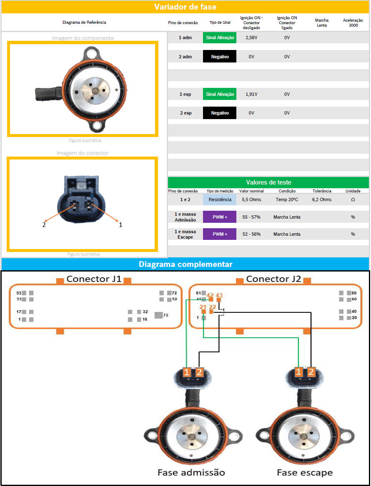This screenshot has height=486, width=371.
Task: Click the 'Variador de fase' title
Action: tap(185, 7)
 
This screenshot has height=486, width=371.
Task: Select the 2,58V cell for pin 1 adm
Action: tap(251, 38)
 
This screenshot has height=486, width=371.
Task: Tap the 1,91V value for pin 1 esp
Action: tap(251, 94)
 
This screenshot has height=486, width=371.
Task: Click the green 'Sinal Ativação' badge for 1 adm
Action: tap(220, 38)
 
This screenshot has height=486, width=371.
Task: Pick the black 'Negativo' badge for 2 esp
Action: tap(220, 113)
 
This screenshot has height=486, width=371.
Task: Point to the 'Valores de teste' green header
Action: tap(268, 182)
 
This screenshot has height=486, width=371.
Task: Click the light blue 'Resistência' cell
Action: tap(220, 199)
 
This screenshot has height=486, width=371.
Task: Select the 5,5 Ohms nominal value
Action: tap(251, 199)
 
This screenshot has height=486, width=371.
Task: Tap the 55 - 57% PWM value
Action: tap(251, 217)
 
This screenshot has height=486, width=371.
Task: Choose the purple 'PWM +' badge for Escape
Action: tap(220, 234)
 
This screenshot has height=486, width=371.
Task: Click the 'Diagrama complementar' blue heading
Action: tap(185, 264)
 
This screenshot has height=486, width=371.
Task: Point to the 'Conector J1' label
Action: tap(94, 279)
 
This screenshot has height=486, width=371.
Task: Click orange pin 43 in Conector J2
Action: tap(219, 300)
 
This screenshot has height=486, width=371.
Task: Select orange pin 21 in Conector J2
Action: tap(203, 312)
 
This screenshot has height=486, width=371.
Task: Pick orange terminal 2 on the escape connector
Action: tap(311, 372)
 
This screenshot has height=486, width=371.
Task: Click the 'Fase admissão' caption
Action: tap(191, 473)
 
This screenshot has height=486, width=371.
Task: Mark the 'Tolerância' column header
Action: tap(322, 191)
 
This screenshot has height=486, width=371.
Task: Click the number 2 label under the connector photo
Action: tap(44, 225)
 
